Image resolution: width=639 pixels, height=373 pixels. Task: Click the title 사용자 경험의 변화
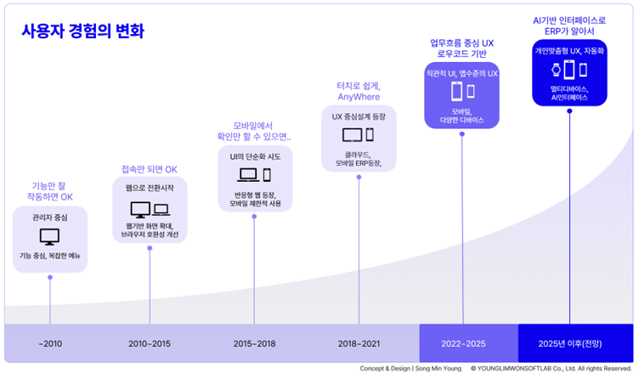point(82,31)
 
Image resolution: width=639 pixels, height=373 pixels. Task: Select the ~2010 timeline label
point(50,343)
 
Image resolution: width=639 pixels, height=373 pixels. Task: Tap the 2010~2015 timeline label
point(150,343)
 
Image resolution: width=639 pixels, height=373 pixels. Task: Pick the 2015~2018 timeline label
point(254,343)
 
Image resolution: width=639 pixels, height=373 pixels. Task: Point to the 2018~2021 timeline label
point(359,343)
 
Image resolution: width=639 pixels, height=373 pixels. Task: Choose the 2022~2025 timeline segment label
point(463,343)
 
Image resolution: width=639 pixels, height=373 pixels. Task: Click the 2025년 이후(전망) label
point(569,343)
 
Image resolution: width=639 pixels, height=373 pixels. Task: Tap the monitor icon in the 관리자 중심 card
point(50,236)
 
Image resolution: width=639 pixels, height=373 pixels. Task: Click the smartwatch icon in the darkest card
point(557,70)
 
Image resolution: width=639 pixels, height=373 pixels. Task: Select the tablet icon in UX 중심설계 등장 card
point(352,135)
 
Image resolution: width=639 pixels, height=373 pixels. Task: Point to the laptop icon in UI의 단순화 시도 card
point(248,175)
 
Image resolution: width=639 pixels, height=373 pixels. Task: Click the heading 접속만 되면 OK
point(150,169)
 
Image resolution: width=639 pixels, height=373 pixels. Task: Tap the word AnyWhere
point(359,97)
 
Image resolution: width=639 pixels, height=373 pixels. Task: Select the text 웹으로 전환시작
point(150,188)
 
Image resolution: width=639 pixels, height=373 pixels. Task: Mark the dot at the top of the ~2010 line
point(50,277)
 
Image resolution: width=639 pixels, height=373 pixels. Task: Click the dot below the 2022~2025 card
point(462,133)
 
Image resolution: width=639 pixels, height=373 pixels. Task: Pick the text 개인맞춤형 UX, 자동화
point(569,51)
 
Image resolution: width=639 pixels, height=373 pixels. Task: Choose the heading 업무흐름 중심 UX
point(461,43)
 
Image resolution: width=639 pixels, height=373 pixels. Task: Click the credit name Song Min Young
point(438,369)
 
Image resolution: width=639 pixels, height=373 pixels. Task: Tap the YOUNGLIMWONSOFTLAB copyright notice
point(551,369)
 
